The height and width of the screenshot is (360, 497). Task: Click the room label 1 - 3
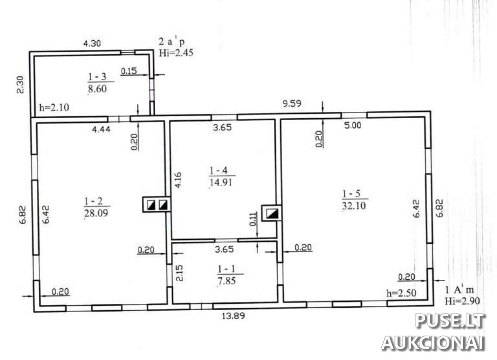[x=97, y=77]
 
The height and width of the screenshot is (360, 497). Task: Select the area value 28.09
[x=96, y=213]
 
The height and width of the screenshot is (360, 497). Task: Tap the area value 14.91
[x=221, y=183]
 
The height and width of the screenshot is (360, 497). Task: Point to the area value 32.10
[x=354, y=206]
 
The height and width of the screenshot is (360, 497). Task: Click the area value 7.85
[x=226, y=281]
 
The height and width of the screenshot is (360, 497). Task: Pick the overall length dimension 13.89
[x=233, y=316]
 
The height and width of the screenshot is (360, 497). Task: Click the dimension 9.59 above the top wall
[x=292, y=104]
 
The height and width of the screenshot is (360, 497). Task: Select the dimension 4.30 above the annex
[x=92, y=43]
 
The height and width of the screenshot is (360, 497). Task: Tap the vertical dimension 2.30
[x=20, y=85]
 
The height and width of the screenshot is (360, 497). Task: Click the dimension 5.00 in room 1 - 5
[x=353, y=125]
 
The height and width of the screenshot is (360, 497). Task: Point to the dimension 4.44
[x=101, y=129]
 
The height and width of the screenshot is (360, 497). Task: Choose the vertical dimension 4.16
[x=178, y=180]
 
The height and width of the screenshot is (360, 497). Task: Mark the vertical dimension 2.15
[x=179, y=273]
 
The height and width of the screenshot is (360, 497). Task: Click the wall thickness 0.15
[x=129, y=71]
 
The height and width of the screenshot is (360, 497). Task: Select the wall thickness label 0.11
[x=253, y=219]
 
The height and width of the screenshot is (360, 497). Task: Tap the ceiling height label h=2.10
[x=54, y=107]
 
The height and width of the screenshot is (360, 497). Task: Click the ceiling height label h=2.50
[x=401, y=293]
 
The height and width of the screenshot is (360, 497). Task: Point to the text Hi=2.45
[x=176, y=53]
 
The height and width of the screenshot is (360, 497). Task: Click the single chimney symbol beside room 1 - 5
[x=272, y=213]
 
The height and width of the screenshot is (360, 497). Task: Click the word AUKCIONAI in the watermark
[x=433, y=343]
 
